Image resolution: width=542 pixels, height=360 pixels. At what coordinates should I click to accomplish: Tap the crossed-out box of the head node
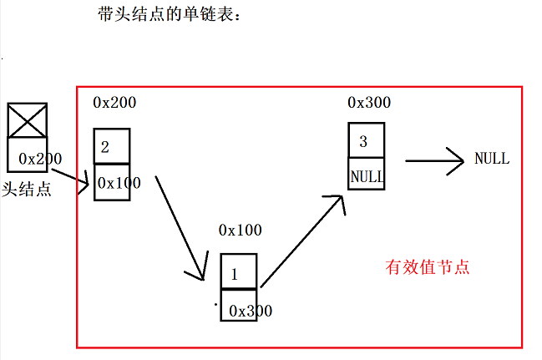tap(27, 120)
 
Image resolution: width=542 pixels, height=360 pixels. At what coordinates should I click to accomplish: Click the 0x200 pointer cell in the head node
tap(28, 156)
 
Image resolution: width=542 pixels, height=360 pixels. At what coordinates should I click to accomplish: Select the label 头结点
tap(27, 189)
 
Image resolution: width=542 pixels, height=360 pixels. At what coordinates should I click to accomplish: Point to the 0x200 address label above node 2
tap(114, 103)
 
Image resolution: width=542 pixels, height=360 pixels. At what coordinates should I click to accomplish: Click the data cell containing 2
tap(111, 146)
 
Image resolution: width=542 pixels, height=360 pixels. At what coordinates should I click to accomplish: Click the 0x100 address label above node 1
tap(240, 229)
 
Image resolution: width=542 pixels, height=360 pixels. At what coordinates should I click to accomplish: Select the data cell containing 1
tap(239, 271)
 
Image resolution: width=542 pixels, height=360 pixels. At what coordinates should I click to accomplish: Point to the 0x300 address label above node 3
tap(368, 103)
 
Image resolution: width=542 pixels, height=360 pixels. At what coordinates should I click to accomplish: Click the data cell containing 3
tap(366, 140)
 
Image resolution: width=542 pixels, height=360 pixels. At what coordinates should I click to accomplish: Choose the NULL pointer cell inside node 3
tap(366, 176)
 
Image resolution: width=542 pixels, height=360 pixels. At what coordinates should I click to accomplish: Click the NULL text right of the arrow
tap(491, 159)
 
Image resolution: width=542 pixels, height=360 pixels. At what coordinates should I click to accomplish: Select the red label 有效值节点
tap(428, 267)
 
